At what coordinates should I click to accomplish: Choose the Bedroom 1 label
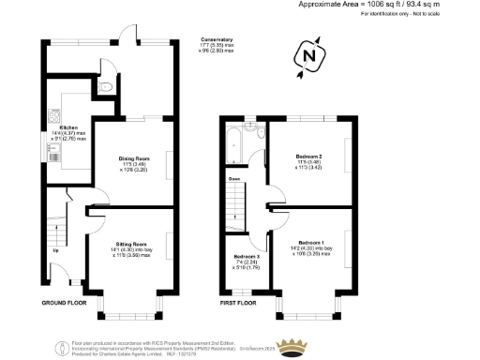[x=310, y=242]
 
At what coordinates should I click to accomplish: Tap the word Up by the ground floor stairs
[x=54, y=251]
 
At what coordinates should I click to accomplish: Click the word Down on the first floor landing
[x=234, y=178]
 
